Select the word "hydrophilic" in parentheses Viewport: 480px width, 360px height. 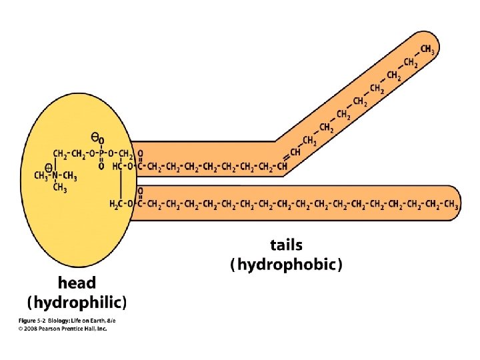click(x=77, y=303)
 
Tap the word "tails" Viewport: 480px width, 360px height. click(x=286, y=245)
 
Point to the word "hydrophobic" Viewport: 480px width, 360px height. click(x=286, y=265)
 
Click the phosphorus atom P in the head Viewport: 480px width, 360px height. click(x=101, y=154)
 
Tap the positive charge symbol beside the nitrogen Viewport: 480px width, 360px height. click(x=49, y=169)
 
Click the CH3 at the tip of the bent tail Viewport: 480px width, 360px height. click(x=429, y=49)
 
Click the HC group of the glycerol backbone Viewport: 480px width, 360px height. click(x=117, y=166)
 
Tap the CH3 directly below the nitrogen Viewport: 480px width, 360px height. click(x=60, y=189)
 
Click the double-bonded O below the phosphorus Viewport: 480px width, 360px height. click(x=101, y=166)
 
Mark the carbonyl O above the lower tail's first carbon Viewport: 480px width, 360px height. click(x=141, y=192)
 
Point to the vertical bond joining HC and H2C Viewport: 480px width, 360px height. click(x=121, y=185)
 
